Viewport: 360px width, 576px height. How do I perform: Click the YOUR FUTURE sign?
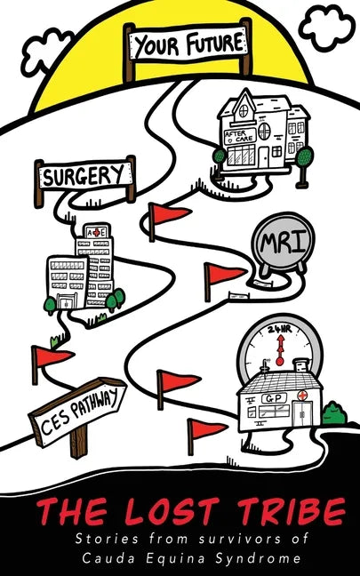[x=188, y=44]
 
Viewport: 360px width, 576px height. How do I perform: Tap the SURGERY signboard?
[x=85, y=176]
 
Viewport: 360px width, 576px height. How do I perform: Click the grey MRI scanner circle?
[x=283, y=244]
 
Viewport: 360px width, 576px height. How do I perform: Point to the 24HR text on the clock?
[x=279, y=329]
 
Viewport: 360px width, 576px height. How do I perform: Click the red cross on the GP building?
[x=303, y=396]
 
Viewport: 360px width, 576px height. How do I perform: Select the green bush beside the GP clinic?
[x=334, y=412]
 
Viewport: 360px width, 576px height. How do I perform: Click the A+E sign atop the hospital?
[x=96, y=232]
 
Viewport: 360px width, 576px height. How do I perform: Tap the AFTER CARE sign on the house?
[x=240, y=136]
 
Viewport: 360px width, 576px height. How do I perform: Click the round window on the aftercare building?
[x=264, y=132]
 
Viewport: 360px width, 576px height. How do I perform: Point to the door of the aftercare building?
[x=263, y=157]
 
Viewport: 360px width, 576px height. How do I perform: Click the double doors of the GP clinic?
[x=303, y=413]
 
